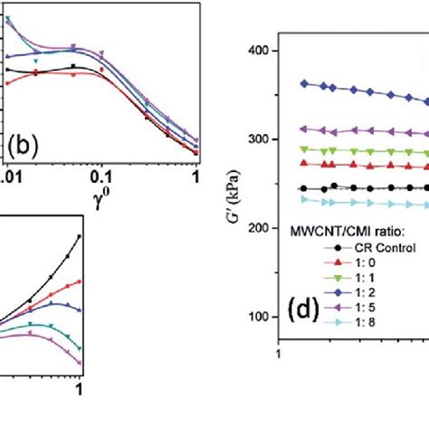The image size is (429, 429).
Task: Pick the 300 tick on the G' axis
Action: click(255, 139)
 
